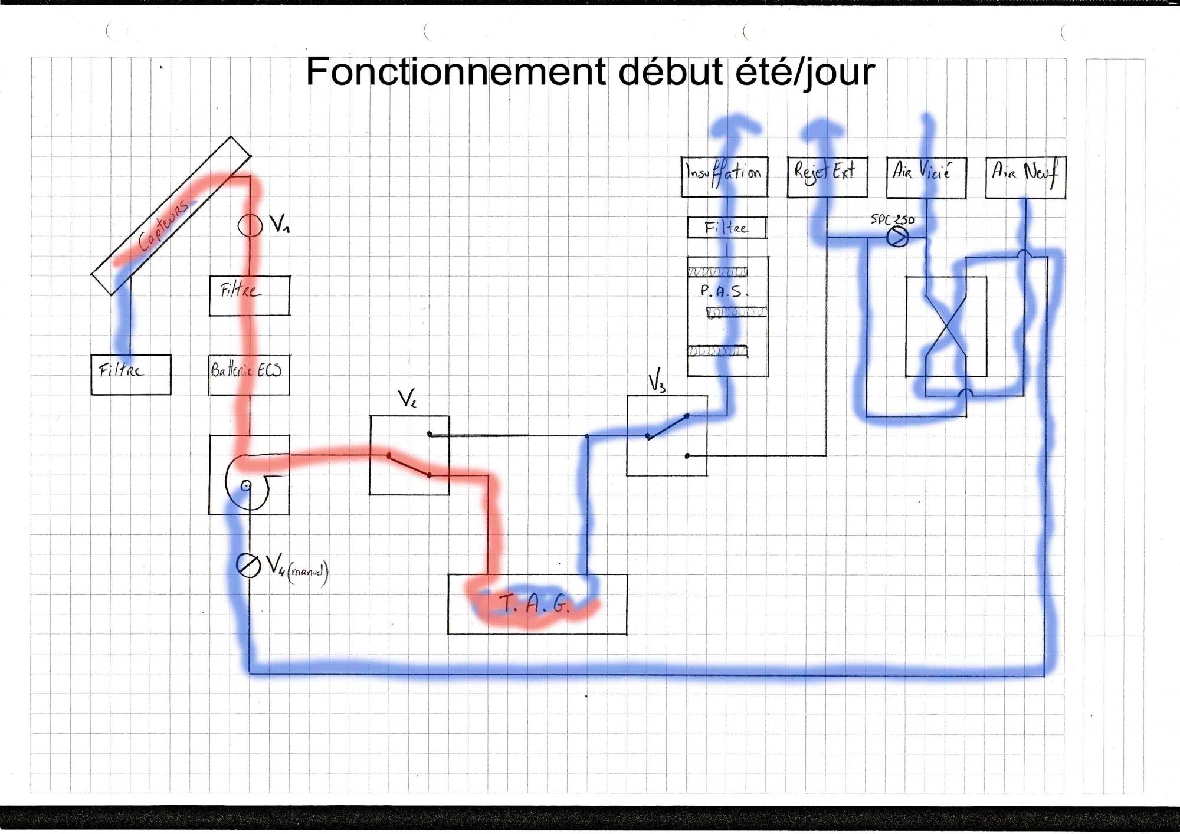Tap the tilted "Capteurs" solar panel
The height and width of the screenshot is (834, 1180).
click(x=171, y=216)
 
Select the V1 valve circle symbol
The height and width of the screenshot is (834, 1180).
click(x=250, y=225)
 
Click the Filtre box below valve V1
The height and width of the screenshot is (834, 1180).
click(x=249, y=295)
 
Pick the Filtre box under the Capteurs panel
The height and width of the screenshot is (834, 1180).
click(x=131, y=375)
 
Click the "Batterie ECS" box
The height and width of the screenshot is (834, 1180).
click(x=248, y=375)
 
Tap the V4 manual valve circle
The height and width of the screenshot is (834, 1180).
click(x=248, y=566)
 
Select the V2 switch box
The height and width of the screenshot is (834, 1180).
click(x=409, y=455)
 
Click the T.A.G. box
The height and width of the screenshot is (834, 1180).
click(x=537, y=605)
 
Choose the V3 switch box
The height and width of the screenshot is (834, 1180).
click(x=667, y=435)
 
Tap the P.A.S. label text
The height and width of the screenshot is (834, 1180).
click(x=723, y=291)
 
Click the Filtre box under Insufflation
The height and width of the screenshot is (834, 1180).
click(x=726, y=228)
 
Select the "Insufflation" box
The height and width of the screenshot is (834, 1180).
click(x=724, y=176)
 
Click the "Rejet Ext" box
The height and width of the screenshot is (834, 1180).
click(x=827, y=176)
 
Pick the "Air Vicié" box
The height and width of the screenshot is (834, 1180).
click(x=926, y=178)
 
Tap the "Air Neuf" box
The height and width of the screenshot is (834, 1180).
click(x=1025, y=177)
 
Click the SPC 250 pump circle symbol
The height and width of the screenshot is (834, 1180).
click(x=897, y=237)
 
